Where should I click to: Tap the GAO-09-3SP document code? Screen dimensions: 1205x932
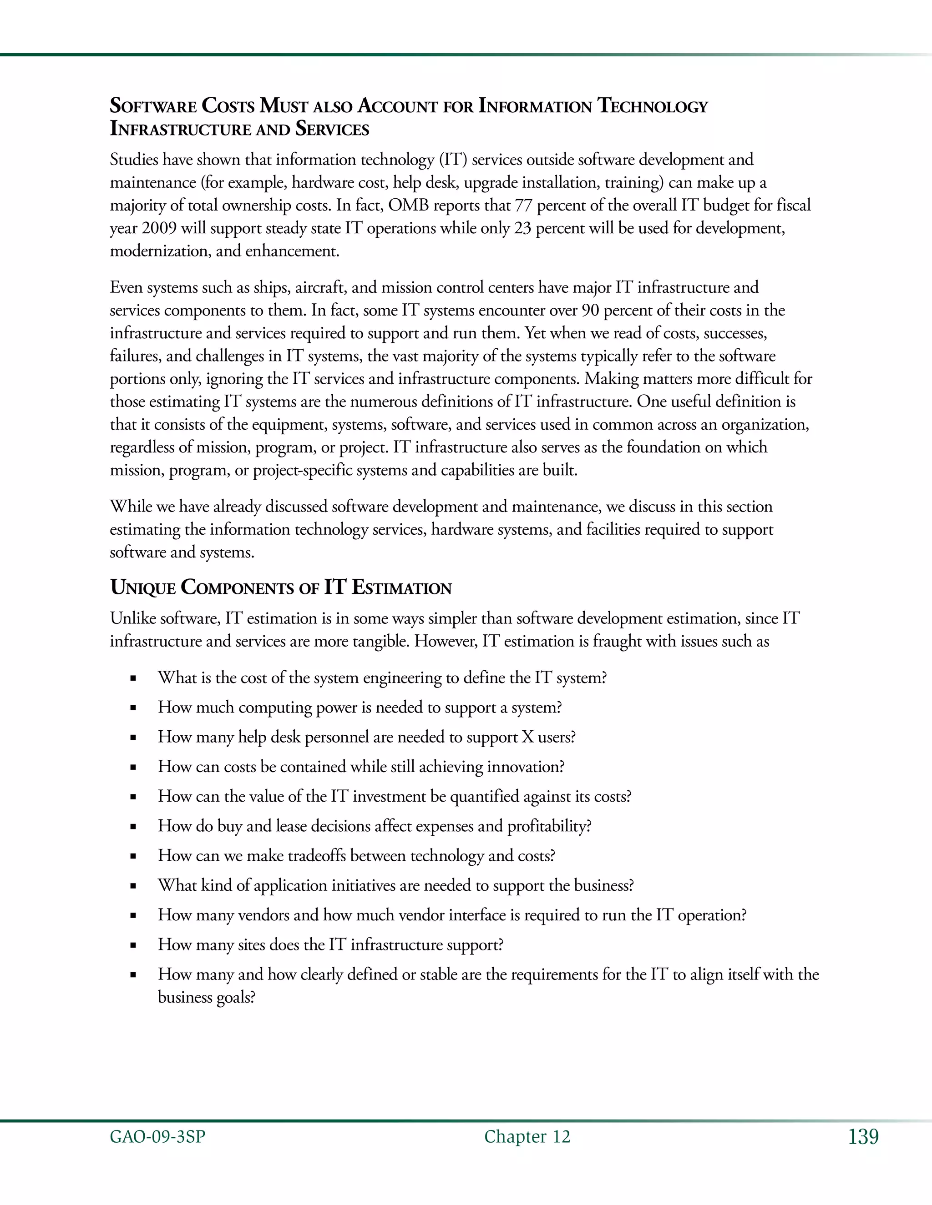157,1137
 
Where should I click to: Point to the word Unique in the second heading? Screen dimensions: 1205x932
143,587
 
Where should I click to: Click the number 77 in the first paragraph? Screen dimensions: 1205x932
523,205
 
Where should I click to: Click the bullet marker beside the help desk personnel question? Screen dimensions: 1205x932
133,738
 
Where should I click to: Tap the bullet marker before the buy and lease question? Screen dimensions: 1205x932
133,827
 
